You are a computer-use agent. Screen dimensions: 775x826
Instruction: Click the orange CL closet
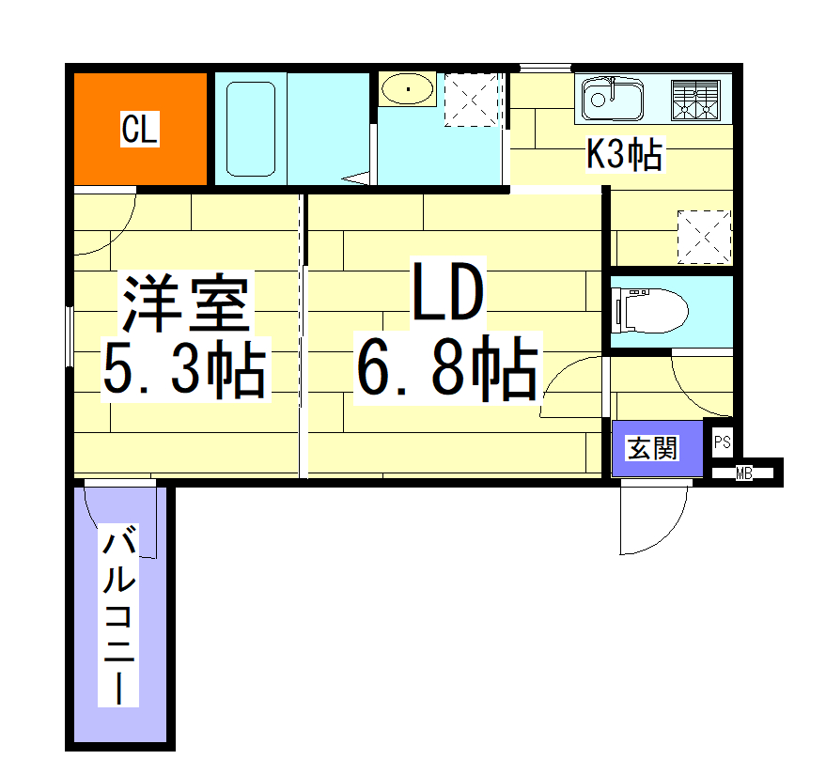click(x=139, y=128)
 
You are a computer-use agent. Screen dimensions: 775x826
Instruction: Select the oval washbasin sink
click(x=407, y=89)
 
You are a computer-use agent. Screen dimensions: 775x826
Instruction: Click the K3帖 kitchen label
click(x=624, y=154)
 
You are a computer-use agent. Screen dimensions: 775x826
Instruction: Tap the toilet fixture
click(x=648, y=310)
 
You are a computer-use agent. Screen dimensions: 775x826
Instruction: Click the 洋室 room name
click(x=186, y=303)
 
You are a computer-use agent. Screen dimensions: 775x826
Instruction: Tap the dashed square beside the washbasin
click(x=475, y=99)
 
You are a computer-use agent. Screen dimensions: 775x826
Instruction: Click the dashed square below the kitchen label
click(x=704, y=235)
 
